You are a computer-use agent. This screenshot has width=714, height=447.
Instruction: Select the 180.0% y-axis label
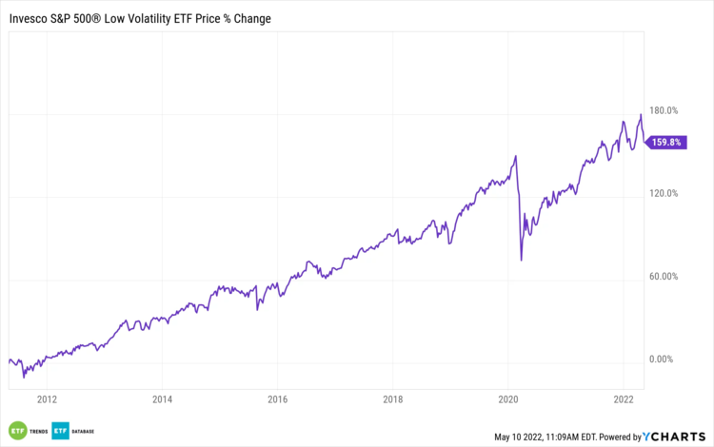pyautogui.click(x=664, y=110)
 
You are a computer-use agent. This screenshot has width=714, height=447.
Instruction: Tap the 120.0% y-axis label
pyautogui.click(x=664, y=193)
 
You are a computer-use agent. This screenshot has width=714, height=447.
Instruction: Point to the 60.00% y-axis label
pyautogui.click(x=664, y=277)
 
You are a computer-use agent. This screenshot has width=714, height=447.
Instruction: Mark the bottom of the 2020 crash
pyautogui.click(x=522, y=260)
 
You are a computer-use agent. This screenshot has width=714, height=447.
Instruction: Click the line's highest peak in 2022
pyautogui.click(x=641, y=115)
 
